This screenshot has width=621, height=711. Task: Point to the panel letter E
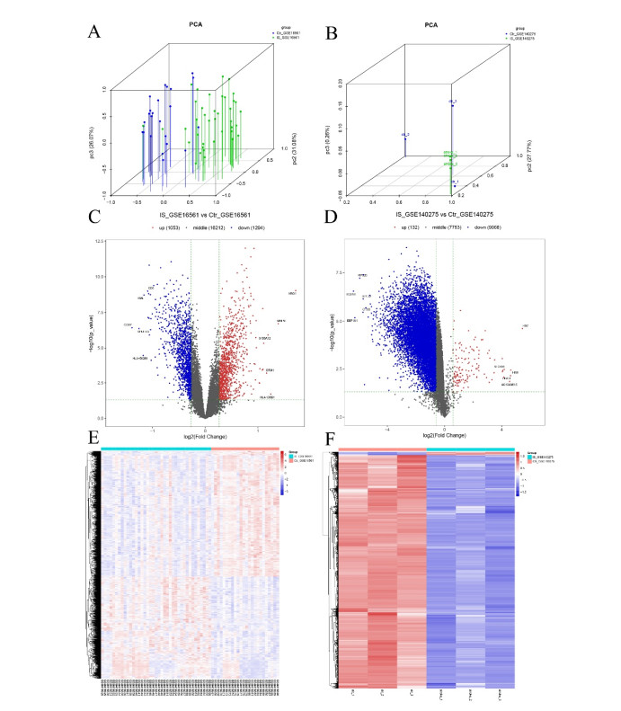(x=94, y=436)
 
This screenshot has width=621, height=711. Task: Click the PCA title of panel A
(x=195, y=26)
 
